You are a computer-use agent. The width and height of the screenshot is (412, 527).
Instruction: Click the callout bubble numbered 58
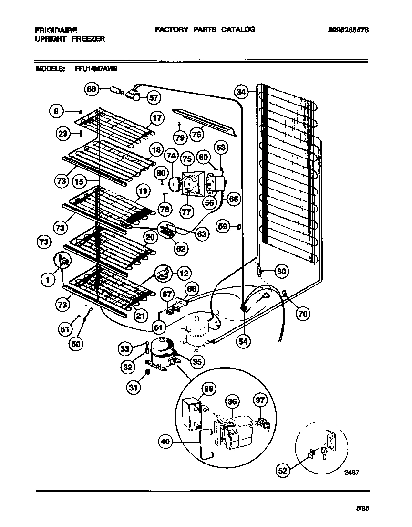pyautogui.click(x=92, y=89)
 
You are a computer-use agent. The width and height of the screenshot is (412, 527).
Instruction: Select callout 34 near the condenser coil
pyautogui.click(x=242, y=92)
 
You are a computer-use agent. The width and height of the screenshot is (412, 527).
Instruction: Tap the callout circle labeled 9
pyautogui.click(x=56, y=111)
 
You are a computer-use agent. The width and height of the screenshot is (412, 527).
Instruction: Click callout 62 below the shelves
pyautogui.click(x=181, y=248)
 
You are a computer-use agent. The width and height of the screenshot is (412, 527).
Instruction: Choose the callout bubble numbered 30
pyautogui.click(x=282, y=272)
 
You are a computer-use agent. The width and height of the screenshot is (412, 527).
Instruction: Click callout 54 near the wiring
pyautogui.click(x=243, y=341)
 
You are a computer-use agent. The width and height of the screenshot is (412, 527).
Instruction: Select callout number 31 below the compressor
pyautogui.click(x=134, y=388)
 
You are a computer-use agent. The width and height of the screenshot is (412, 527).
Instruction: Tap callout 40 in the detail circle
pyautogui.click(x=165, y=442)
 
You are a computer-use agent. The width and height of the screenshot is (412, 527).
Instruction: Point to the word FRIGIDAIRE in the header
pyautogui.click(x=56, y=30)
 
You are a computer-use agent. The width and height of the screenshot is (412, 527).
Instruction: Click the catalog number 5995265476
pyautogui.click(x=348, y=30)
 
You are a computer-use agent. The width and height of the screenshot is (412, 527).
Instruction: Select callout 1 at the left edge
pyautogui.click(x=48, y=281)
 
